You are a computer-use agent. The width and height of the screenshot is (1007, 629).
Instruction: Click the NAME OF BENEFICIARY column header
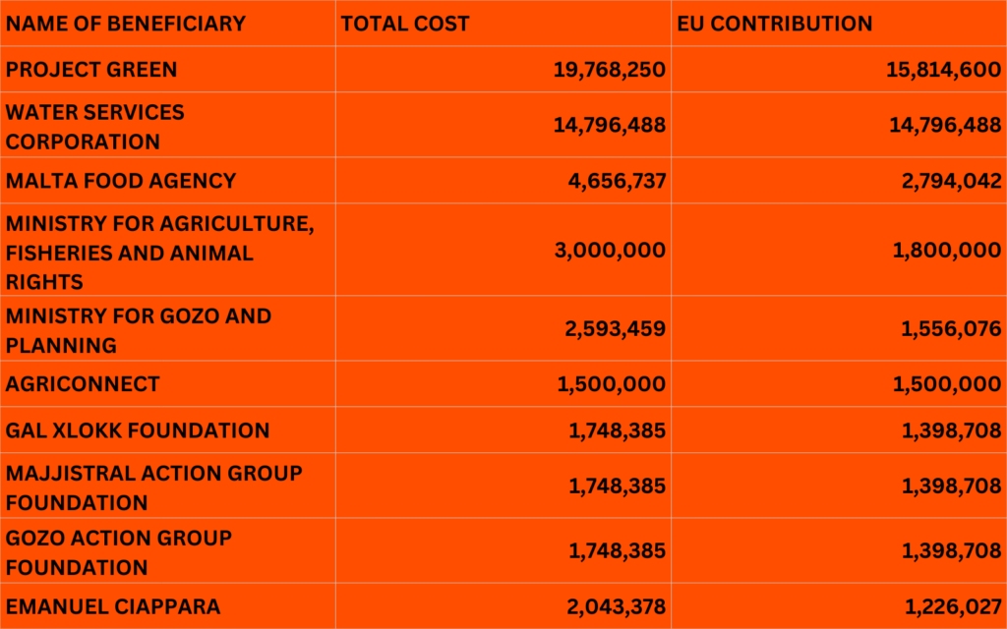coord(126,24)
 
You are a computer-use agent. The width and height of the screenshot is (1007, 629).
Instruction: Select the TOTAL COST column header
coord(405,24)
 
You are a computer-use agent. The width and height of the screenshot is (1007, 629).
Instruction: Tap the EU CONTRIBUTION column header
coord(775,24)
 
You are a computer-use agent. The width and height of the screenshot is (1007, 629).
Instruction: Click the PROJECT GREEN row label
coord(91,70)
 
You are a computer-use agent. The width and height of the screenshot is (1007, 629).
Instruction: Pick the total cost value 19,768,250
coord(609,70)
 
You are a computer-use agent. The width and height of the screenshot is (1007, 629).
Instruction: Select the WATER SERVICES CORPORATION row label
coord(94,126)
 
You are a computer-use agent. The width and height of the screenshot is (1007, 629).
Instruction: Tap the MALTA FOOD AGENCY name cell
coord(121,181)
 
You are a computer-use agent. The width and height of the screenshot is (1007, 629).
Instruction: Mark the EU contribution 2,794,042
coord(947,181)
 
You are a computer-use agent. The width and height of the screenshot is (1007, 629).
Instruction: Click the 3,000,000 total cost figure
coord(610,251)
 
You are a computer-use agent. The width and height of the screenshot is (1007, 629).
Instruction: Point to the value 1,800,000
coord(947,251)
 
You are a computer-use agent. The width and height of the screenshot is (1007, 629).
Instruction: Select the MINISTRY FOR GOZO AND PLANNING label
coord(138,330)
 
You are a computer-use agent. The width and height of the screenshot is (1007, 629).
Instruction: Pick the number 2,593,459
coord(616,329)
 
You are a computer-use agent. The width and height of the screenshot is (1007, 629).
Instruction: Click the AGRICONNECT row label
coord(83,384)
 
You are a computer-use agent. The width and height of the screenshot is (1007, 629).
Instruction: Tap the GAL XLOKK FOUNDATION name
coord(138,430)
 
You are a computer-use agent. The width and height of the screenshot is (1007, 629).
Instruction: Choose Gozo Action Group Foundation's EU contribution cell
coord(951,552)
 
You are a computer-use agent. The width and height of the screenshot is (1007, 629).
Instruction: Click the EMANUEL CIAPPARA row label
coord(113,607)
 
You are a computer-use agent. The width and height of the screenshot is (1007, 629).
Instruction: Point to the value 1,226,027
coord(952,607)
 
